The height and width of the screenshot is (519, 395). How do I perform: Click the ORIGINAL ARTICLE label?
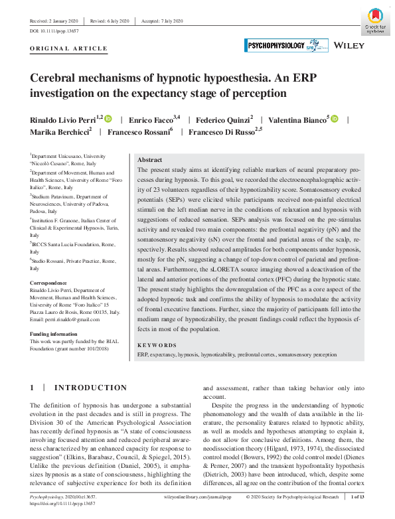tap(68, 49)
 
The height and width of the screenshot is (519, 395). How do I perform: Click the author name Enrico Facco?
tap(150, 119)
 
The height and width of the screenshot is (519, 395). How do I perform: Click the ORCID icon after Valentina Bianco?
tap(334, 119)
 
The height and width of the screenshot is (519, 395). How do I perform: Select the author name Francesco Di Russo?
tap(221, 132)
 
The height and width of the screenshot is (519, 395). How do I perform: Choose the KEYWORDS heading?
tap(157, 345)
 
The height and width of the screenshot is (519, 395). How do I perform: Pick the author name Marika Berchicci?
tap(58, 132)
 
